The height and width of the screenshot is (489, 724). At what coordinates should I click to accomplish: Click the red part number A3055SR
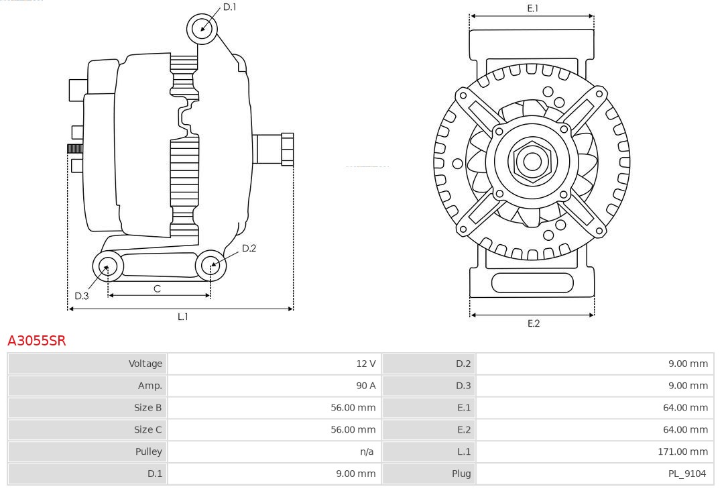point(36,341)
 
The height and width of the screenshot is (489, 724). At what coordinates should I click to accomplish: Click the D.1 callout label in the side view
point(229,7)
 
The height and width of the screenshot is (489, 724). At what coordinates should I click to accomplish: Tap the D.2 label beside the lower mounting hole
point(249,248)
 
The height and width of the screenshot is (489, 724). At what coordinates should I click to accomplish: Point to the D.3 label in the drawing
point(82,296)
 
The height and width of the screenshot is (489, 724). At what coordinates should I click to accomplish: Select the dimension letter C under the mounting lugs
point(157,288)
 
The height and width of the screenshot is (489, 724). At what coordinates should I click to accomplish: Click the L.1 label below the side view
point(182,317)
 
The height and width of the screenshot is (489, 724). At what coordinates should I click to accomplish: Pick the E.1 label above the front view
point(533,8)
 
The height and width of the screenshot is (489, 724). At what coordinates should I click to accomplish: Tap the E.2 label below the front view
point(533,323)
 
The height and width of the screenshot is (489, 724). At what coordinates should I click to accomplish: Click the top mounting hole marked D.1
point(202,28)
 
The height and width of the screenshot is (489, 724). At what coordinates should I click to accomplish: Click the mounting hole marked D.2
point(210,266)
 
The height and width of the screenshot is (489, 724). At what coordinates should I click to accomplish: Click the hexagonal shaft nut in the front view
point(532,161)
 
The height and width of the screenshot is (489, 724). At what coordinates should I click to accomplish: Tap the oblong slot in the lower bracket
point(532,283)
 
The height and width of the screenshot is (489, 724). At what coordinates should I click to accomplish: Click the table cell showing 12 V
point(366,364)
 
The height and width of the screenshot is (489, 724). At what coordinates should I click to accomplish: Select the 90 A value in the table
point(366,386)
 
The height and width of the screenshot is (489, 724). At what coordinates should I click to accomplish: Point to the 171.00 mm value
point(682,451)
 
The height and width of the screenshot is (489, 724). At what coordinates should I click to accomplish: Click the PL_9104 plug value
point(686,474)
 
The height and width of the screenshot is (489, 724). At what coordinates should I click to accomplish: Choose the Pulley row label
point(148,451)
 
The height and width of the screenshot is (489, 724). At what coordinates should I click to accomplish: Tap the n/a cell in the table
point(367,451)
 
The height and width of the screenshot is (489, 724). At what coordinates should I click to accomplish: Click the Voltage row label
point(145,364)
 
